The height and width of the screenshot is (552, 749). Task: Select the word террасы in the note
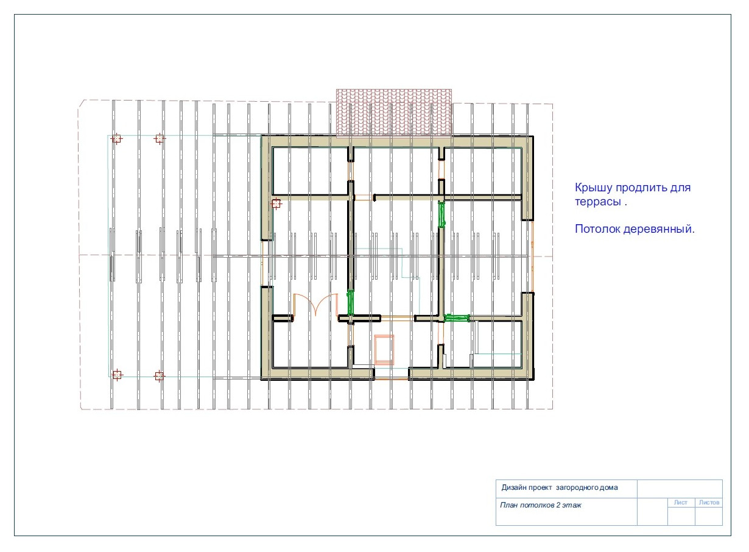(598, 202)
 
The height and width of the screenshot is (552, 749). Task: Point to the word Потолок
(597, 229)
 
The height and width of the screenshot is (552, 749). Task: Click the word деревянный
(659, 230)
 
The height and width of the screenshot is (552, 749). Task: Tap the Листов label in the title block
(709, 503)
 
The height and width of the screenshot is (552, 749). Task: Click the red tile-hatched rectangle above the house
(394, 113)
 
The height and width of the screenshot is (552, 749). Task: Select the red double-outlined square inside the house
(384, 350)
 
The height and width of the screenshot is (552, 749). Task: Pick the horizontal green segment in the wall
(457, 318)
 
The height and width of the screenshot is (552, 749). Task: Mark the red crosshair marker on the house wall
(276, 203)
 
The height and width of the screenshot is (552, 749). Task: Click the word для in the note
(680, 188)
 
